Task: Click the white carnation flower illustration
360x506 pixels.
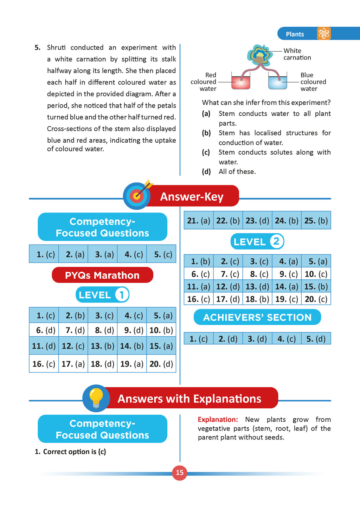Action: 260,55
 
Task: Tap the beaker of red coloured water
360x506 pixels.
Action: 241,82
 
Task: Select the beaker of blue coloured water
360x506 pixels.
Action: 278,82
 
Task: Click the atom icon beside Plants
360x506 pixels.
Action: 323,34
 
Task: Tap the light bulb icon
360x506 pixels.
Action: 96,398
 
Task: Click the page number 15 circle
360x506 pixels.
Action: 180,473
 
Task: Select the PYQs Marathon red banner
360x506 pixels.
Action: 102,275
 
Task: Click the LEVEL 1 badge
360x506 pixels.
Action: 102,295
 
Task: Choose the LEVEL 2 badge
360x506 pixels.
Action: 257,242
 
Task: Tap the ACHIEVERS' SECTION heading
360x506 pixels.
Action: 257,317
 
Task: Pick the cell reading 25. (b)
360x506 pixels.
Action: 316,221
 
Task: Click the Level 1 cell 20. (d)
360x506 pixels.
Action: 161,364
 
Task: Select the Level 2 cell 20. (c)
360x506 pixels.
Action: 316,299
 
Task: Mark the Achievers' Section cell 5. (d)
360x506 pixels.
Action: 316,339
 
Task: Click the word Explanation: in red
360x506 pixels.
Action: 218,420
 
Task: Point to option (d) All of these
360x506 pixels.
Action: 237,171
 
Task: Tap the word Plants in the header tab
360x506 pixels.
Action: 295,34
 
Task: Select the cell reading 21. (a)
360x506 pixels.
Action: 199,221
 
